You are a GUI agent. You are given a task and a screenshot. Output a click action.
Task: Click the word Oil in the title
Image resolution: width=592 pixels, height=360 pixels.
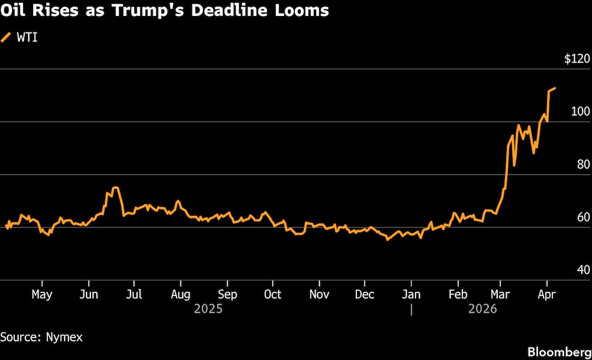point(15,11)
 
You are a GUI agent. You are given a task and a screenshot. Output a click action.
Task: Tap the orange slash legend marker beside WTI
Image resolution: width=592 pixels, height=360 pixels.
point(7,37)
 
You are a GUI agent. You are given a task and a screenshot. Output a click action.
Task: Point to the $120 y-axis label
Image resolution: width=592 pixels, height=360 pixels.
point(577,59)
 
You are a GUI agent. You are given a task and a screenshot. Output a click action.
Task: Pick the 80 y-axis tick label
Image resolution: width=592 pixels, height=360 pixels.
point(583,165)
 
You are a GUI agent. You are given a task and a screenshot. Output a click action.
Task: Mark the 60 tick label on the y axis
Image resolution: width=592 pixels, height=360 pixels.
point(583,217)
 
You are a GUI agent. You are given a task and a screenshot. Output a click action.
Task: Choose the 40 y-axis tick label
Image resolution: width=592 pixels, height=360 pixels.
point(583,270)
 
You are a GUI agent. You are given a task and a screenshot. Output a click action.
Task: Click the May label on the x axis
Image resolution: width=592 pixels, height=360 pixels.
point(41,294)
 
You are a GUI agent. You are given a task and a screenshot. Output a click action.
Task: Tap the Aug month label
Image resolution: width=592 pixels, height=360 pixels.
point(180,294)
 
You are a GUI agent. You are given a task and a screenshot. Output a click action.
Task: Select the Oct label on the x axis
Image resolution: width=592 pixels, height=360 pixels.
point(272,294)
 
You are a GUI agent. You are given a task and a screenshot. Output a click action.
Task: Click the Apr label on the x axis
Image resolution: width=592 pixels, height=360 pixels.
point(546,294)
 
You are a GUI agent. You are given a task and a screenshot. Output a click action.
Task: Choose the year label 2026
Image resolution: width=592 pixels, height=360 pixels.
point(482,309)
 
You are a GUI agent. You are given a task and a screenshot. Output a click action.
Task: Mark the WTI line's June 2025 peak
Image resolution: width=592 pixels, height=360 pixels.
point(115,188)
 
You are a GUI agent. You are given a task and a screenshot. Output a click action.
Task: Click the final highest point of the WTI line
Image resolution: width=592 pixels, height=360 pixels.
point(555,88)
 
